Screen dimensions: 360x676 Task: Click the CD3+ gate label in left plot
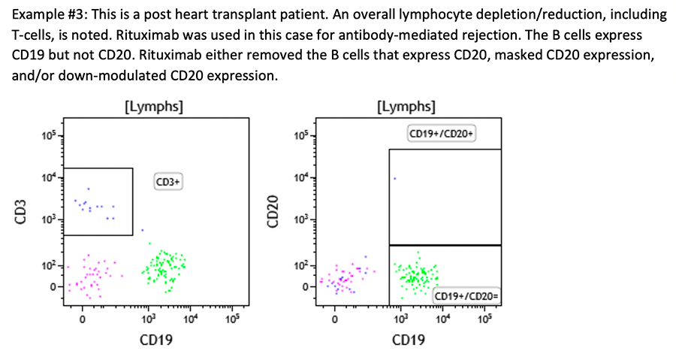pyautogui.click(x=169, y=182)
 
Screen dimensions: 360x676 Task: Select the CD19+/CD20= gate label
pyautogui.click(x=467, y=297)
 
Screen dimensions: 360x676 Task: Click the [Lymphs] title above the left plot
pyautogui.click(x=152, y=106)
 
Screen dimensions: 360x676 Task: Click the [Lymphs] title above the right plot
pyautogui.click(x=406, y=106)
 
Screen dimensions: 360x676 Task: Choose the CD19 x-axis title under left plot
pyautogui.click(x=155, y=340)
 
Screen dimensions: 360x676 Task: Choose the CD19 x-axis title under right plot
pyautogui.click(x=408, y=340)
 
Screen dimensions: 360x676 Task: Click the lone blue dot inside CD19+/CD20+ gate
pyautogui.click(x=394, y=178)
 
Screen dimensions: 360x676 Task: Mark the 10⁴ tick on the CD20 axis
pyautogui.click(x=301, y=177)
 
